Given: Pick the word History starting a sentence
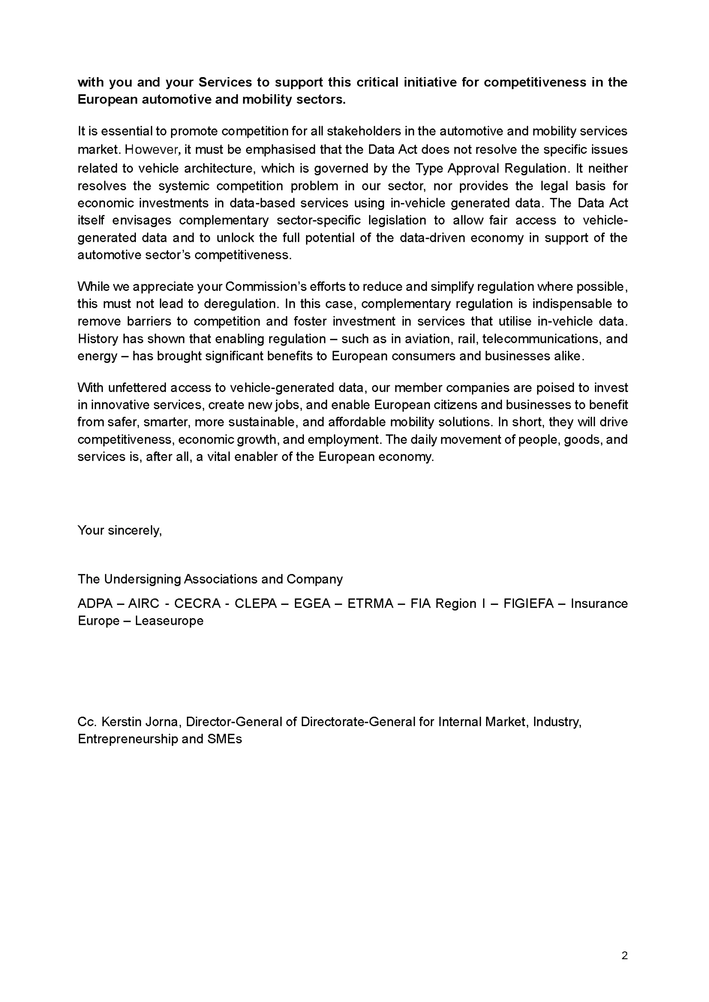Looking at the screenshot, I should (98, 339).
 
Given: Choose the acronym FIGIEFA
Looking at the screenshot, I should (528, 603).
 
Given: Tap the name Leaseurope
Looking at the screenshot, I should (169, 621).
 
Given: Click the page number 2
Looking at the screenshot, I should (624, 956).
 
